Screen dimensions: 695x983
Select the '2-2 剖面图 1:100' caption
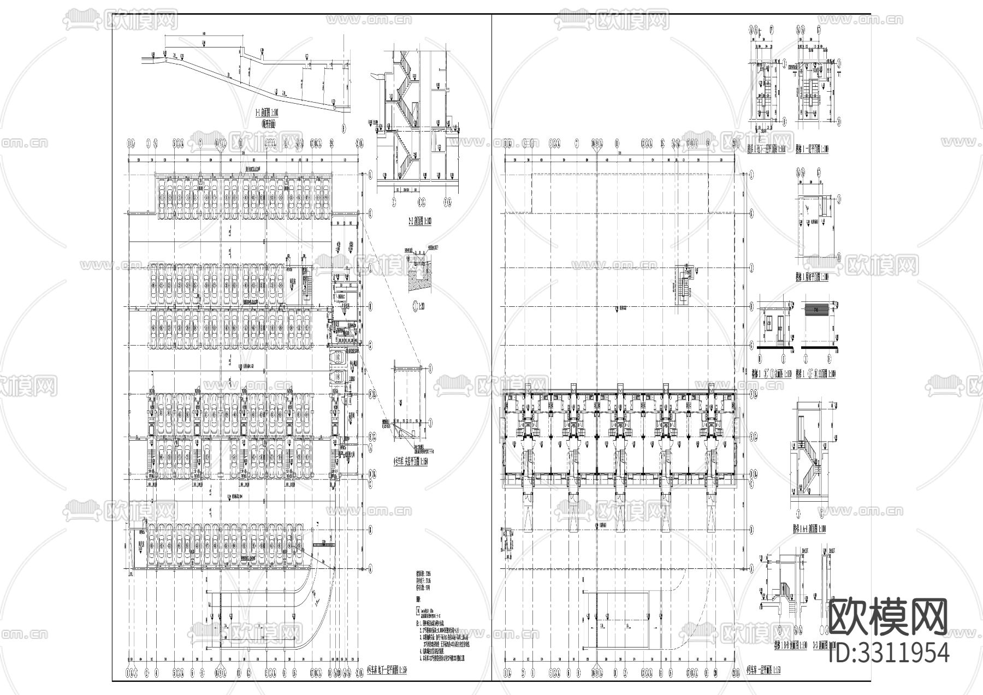pyautogui.click(x=418, y=222)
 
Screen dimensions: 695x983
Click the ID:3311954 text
pyautogui.click(x=889, y=652)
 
